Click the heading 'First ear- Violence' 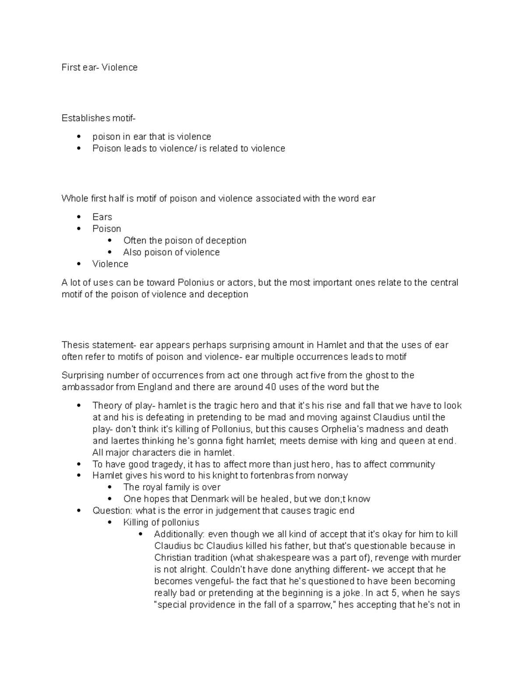(99, 67)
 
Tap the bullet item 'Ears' (102, 217)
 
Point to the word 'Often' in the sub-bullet (134, 241)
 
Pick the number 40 (270, 387)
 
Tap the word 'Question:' (112, 511)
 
